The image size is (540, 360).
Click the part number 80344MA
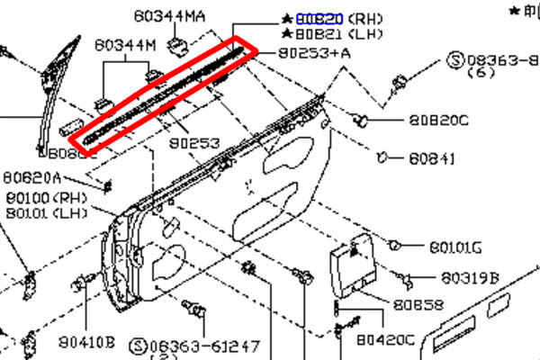pos(169,16)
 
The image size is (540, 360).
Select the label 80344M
pos(125,45)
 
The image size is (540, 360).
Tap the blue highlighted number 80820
pos(319,18)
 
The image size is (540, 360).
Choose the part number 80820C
pos(438,120)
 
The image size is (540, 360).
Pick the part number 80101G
pos(455,247)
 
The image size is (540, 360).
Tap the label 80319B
pos(470,278)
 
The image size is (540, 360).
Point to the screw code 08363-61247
pos(204,345)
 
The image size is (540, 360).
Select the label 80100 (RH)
pos(42,197)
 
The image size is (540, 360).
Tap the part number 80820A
pos(32,177)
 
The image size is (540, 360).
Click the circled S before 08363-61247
pos(138,345)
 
